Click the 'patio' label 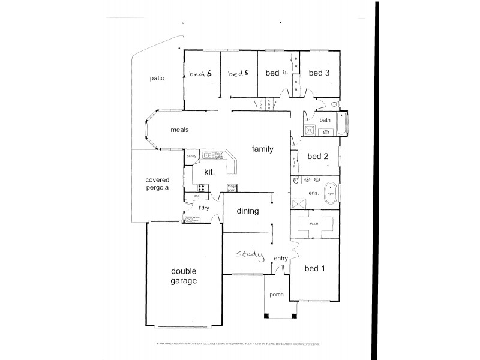point(157,78)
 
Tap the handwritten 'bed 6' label point(201,74)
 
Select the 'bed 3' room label point(319,73)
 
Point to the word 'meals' point(180,130)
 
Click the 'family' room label point(262,148)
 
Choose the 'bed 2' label point(317,157)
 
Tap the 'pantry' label point(191,156)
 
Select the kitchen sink point(210,156)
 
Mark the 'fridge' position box point(232,187)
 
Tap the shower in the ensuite point(298,203)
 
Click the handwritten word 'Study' point(250,254)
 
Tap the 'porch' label point(277,294)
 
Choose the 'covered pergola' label point(158,184)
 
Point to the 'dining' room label point(247,211)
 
